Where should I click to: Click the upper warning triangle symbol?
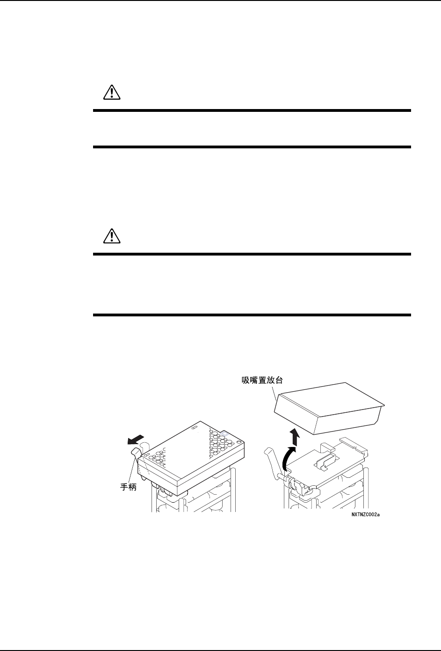(111, 93)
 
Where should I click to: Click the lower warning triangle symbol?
(111, 237)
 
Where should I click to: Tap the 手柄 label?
(126, 487)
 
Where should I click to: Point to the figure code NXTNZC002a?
(366, 514)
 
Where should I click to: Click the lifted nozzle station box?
(327, 407)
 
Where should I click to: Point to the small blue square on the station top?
(225, 434)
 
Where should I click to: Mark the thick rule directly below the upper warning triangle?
(252, 111)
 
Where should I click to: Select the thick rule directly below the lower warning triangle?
(252, 254)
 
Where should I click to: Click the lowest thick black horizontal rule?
(252, 315)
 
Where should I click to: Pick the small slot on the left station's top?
(195, 427)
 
